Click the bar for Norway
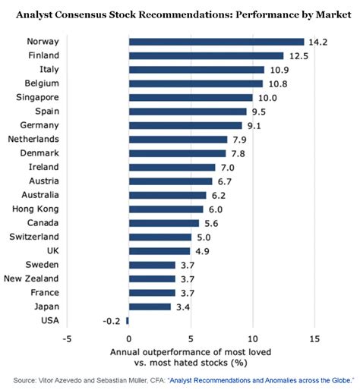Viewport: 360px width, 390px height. (216, 42)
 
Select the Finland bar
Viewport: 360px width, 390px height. (205, 55)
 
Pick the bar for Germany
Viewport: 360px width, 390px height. (185, 125)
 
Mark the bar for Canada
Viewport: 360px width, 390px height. (163, 222)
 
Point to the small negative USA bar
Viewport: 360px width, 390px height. (128, 320)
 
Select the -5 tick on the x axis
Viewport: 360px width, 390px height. (67, 338)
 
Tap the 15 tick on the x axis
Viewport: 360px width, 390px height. (314, 338)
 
